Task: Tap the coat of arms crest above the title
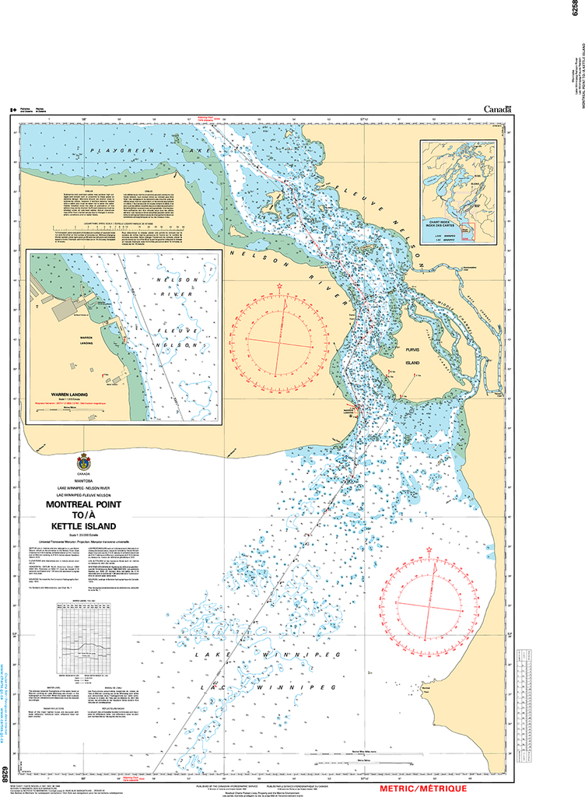[83, 461]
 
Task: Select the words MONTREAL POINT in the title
[82, 504]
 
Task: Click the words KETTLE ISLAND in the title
[82, 526]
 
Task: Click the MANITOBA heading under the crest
[82, 481]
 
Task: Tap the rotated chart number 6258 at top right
[577, 14]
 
